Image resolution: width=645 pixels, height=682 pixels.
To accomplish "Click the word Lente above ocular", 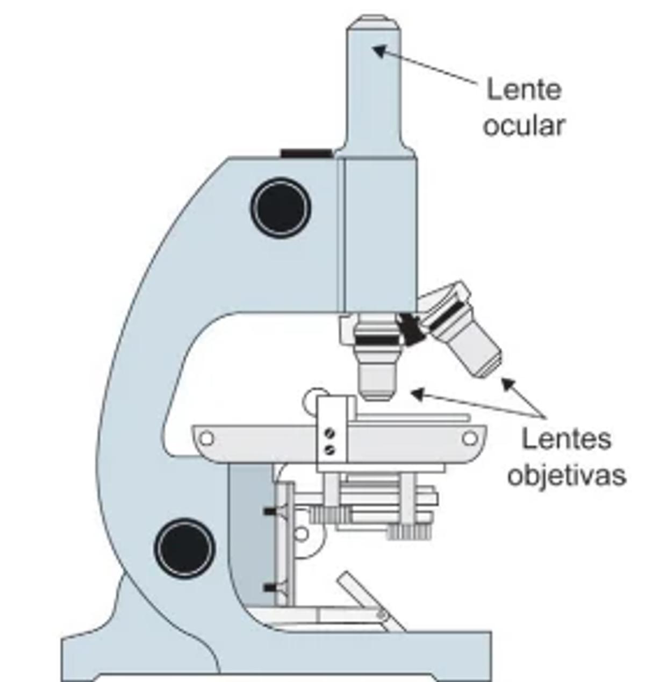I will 524,89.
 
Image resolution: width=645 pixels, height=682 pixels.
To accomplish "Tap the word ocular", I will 524,125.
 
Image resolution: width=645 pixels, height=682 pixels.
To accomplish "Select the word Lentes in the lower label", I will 567,439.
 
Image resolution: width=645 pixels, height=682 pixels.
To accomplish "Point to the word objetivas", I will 567,475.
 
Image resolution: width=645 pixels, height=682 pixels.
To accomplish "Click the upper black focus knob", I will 281,207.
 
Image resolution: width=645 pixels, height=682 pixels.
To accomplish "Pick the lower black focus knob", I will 184,548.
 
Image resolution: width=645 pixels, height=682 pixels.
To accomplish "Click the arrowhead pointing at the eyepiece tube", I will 379,51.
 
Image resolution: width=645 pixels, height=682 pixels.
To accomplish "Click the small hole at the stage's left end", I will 206,439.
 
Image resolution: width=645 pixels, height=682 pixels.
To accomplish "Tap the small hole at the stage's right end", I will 469,439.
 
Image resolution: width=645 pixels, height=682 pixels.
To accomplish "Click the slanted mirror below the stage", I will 371,601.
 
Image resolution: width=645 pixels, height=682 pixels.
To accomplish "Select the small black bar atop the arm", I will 306,154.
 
